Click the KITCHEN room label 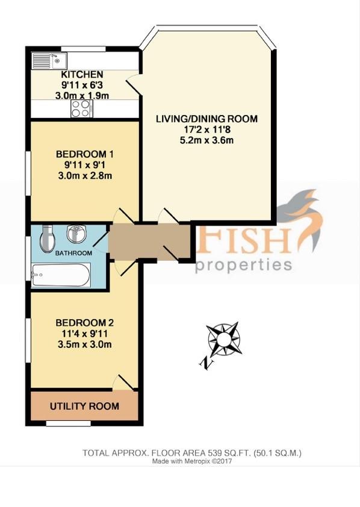point(82,75)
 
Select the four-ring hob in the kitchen point(81,108)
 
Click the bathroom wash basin point(76,234)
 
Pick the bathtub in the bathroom point(60,275)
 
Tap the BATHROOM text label point(73,253)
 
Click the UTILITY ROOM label point(84,406)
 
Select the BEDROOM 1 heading point(85,154)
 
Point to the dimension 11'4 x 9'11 point(85,334)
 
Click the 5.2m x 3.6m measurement point(206,140)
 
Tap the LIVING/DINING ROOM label point(207,119)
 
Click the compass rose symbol point(224,339)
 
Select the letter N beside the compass point(206,364)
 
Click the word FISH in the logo point(244,240)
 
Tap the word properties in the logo point(244,266)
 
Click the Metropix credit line point(192,461)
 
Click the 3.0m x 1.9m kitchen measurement point(82,96)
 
